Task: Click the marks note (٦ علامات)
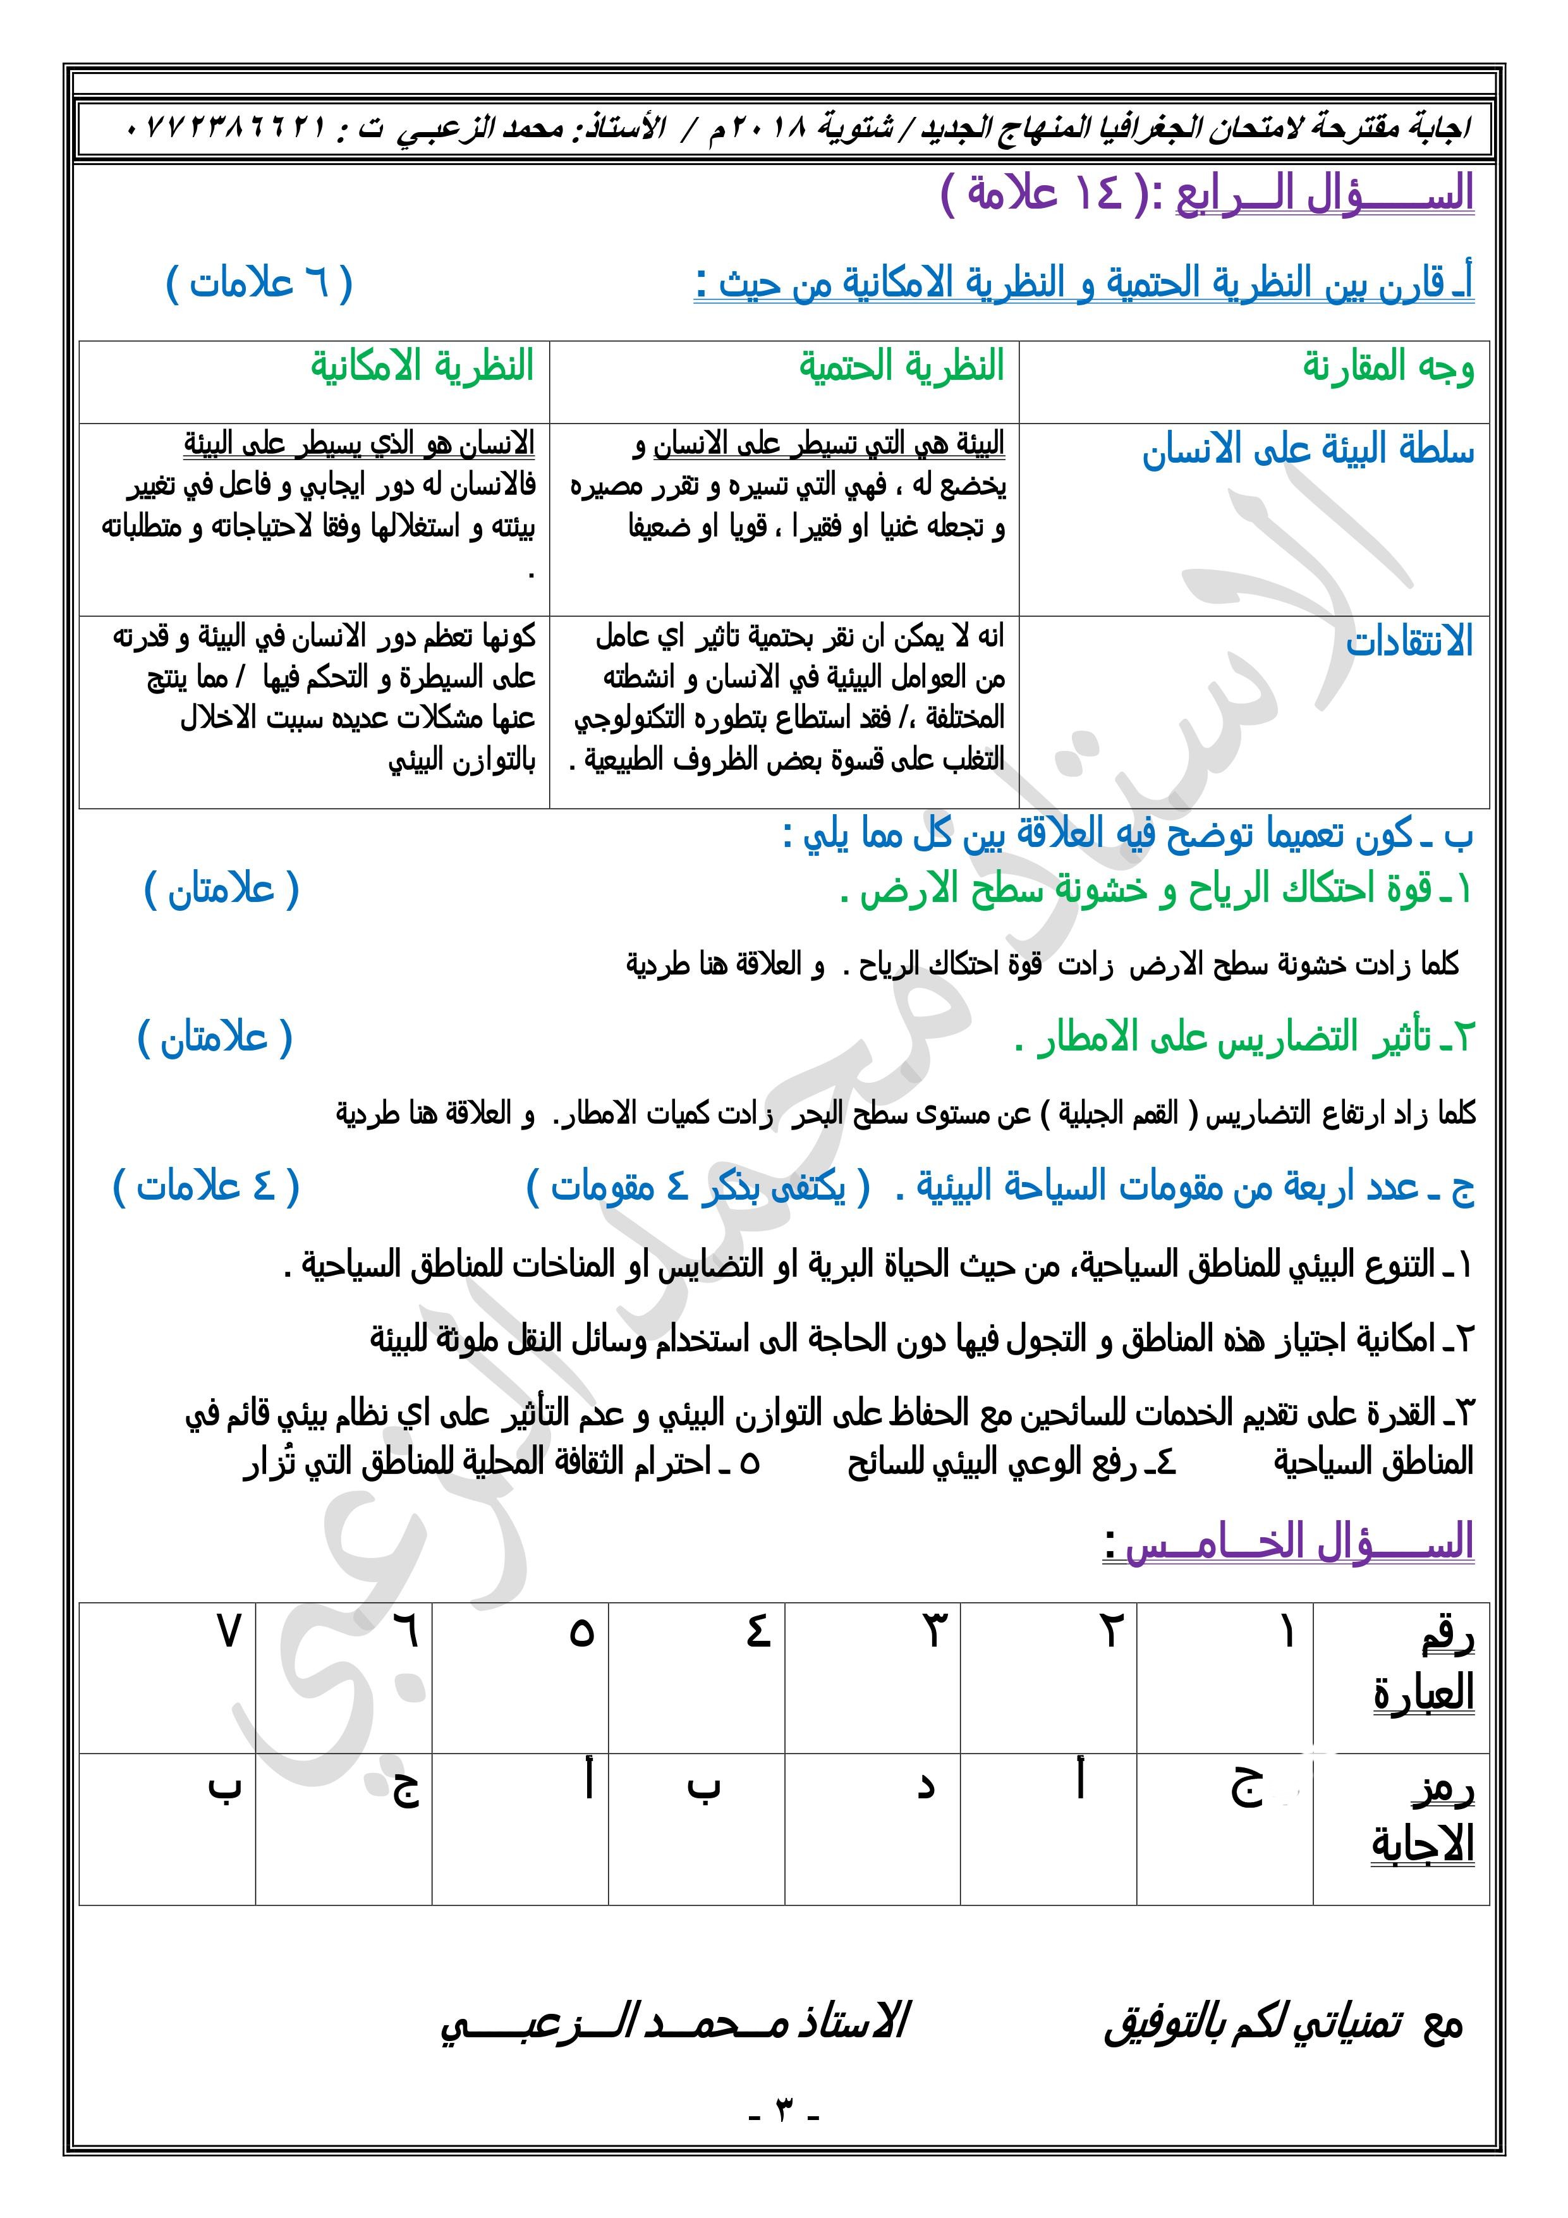[x=260, y=283]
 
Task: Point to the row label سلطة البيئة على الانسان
[x=1308, y=450]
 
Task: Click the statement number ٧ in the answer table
[x=228, y=1633]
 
